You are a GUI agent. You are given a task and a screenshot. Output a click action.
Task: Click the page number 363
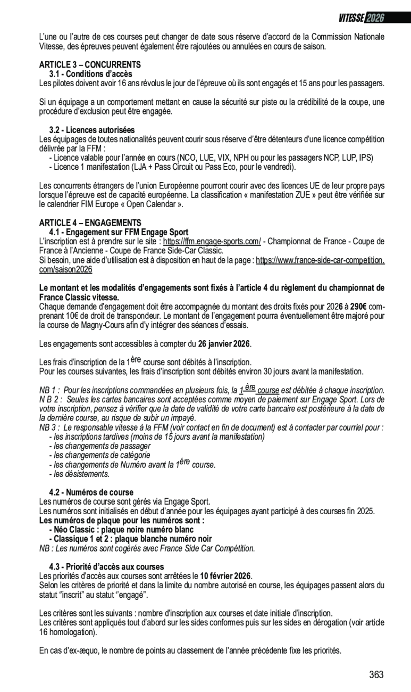coord(376,675)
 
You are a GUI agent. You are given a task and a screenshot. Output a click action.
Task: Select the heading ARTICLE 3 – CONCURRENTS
coord(90,65)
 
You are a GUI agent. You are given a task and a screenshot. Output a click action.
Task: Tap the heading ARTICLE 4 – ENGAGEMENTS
coord(90,223)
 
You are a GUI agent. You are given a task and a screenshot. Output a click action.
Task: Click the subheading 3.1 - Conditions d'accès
coord(90,74)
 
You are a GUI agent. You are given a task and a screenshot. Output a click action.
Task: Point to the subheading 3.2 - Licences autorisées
coord(91,130)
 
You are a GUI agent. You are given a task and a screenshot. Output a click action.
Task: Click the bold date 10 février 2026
coord(225,576)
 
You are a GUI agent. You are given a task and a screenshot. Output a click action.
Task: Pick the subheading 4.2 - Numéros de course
coord(91,492)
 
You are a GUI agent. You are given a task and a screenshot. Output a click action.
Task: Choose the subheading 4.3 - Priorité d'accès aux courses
coord(106,567)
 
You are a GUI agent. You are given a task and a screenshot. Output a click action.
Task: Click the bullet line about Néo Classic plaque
coord(121,530)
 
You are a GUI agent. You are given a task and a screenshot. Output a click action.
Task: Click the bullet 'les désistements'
coord(79,474)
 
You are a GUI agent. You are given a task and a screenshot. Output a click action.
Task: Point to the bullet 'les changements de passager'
coord(99,446)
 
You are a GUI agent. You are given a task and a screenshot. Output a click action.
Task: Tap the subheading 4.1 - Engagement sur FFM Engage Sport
coord(119,232)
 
